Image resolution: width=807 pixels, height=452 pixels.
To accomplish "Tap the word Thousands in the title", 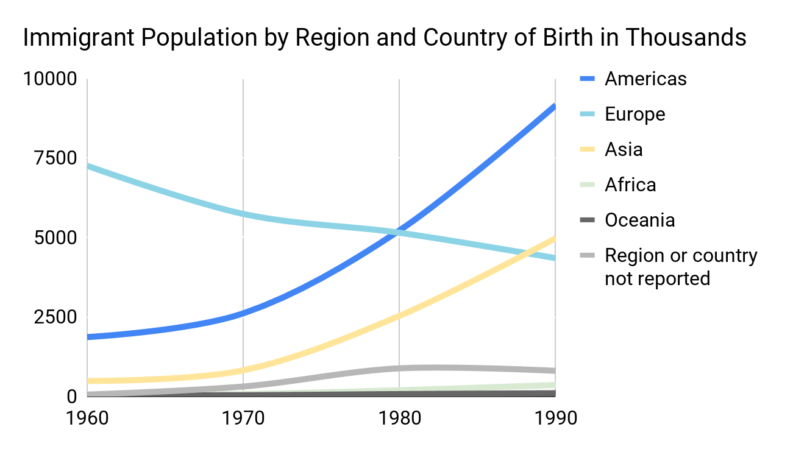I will (686, 38).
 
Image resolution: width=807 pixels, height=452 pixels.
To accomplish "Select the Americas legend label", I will (645, 79).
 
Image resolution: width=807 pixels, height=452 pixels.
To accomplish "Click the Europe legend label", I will (635, 114).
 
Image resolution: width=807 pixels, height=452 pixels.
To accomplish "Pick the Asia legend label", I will (624, 149).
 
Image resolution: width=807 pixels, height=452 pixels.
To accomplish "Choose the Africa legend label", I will (630, 185).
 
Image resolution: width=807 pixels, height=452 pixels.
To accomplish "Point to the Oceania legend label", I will (639, 220).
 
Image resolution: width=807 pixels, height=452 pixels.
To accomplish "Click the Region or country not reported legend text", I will (680, 267).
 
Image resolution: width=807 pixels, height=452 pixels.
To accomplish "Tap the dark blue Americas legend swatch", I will (586, 79).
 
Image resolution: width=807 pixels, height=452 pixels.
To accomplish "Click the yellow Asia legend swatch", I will (586, 149).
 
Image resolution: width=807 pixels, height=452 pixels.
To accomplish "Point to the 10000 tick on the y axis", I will (50, 79).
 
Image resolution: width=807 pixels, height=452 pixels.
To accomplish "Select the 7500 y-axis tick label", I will (55, 158).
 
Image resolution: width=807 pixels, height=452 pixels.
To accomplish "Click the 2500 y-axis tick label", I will (55, 317).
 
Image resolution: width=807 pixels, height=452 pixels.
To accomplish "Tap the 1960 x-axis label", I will (87, 419).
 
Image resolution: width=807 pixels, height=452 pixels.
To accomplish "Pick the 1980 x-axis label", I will (399, 419).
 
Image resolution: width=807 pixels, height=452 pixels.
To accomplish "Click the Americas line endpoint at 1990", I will (554, 107).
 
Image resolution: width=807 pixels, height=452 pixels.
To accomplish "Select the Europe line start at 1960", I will (88, 166).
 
